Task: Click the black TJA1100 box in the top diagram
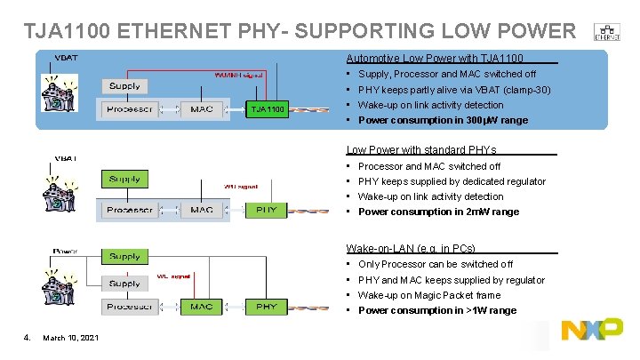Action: pyautogui.click(x=268, y=109)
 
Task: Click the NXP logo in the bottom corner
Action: pyautogui.click(x=592, y=330)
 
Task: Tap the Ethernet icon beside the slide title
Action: pyautogui.click(x=607, y=31)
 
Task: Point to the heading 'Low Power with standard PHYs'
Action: pyautogui.click(x=421, y=150)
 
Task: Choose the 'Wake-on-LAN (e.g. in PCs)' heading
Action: pyautogui.click(x=411, y=248)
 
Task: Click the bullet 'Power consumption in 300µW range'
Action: pyautogui.click(x=443, y=120)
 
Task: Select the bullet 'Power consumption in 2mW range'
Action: pyautogui.click(x=439, y=212)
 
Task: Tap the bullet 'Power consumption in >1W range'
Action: pyautogui.click(x=436, y=310)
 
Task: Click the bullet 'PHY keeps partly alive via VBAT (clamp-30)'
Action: pyautogui.click(x=453, y=90)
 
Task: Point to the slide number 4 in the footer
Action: pyautogui.click(x=28, y=335)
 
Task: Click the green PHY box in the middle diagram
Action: pyautogui.click(x=266, y=211)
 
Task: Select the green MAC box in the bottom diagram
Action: pyautogui.click(x=201, y=307)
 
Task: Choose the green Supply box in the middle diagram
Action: pyautogui.click(x=124, y=179)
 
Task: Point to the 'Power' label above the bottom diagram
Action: pyautogui.click(x=66, y=251)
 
